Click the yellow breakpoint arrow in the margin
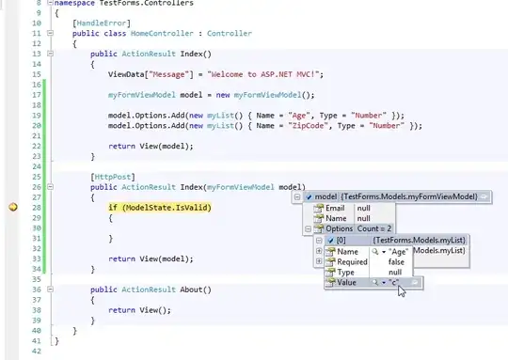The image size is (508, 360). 13,207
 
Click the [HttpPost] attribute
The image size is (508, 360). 110,176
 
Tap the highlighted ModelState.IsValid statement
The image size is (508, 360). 161,207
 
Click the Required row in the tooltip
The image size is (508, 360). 353,262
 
